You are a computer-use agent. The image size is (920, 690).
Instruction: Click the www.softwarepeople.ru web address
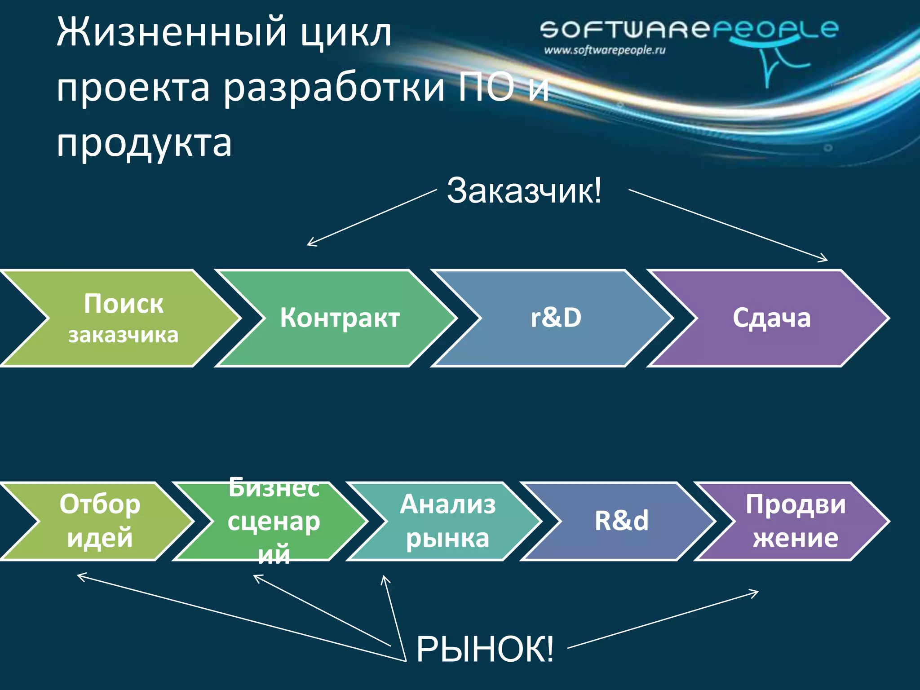tap(604, 50)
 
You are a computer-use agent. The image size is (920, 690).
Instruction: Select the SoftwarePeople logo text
tap(687, 30)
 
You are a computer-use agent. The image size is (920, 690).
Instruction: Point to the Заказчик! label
tap(523, 191)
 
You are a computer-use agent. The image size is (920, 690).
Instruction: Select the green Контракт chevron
tap(340, 318)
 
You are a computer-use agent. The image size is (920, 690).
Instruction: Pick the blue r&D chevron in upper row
tap(556, 318)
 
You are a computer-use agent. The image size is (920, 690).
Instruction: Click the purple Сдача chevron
tap(772, 318)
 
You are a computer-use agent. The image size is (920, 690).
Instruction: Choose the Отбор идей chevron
tap(100, 521)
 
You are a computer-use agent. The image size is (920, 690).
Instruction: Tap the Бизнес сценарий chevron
tap(274, 521)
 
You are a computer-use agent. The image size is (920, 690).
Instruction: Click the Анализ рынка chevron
tap(447, 521)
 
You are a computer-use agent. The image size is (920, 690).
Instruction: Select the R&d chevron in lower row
tap(622, 521)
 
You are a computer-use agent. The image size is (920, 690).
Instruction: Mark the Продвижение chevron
tap(795, 521)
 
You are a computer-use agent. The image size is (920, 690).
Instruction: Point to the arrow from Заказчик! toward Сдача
tap(728, 225)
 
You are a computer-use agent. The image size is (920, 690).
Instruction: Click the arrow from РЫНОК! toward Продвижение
tap(663, 620)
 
